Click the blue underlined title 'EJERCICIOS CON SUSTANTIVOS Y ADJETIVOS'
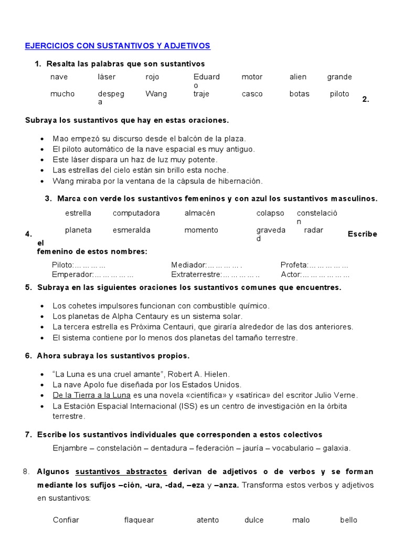tap(118, 46)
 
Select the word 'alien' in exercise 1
tap(298, 77)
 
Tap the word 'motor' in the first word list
tap(252, 77)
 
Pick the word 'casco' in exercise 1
tap(252, 94)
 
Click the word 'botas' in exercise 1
tap(299, 94)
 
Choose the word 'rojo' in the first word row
tap(152, 77)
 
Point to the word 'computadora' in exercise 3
tap(136, 213)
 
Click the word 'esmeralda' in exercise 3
tap(131, 230)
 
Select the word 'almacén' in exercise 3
tap(199, 213)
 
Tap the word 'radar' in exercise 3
tap(314, 230)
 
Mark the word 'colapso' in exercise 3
tap(270, 213)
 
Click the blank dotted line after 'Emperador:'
tap(114, 275)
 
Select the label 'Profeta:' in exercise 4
tap(294, 265)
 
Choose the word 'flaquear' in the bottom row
tap(139, 520)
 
